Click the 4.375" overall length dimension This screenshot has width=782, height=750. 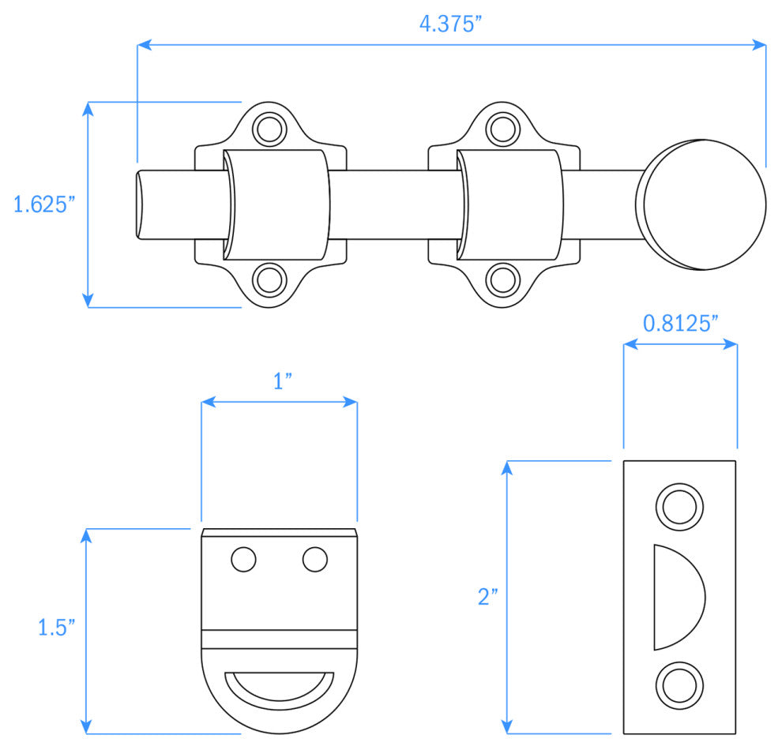(x=450, y=24)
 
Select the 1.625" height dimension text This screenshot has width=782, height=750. (x=44, y=204)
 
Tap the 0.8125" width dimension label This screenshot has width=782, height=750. (x=680, y=323)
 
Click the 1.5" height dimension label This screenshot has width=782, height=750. (x=57, y=627)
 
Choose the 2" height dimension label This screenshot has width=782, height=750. (x=487, y=597)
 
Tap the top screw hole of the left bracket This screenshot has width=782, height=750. (x=269, y=127)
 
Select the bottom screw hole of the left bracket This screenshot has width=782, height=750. (x=269, y=280)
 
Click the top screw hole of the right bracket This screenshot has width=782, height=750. (x=502, y=127)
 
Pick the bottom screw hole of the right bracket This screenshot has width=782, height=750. (x=502, y=280)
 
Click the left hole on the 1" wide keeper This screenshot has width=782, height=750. (x=243, y=559)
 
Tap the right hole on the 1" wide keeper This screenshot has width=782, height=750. (x=315, y=559)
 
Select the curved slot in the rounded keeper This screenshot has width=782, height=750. (x=280, y=684)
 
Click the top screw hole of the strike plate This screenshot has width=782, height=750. (x=679, y=506)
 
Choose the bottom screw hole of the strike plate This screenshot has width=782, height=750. (x=679, y=685)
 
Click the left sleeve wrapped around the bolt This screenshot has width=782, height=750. (x=276, y=204)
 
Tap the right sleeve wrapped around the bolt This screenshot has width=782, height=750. (x=510, y=204)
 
